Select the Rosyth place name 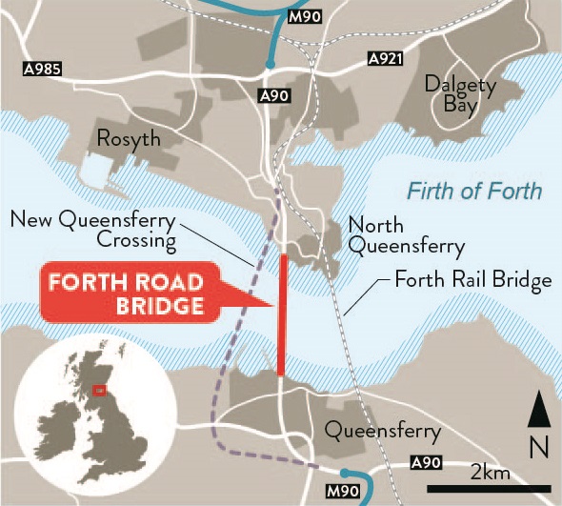tap(129, 139)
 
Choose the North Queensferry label tap(406, 236)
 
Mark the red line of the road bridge tap(282, 314)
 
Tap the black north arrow tap(539, 411)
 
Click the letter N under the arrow tap(539, 445)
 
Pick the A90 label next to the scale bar tap(425, 462)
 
